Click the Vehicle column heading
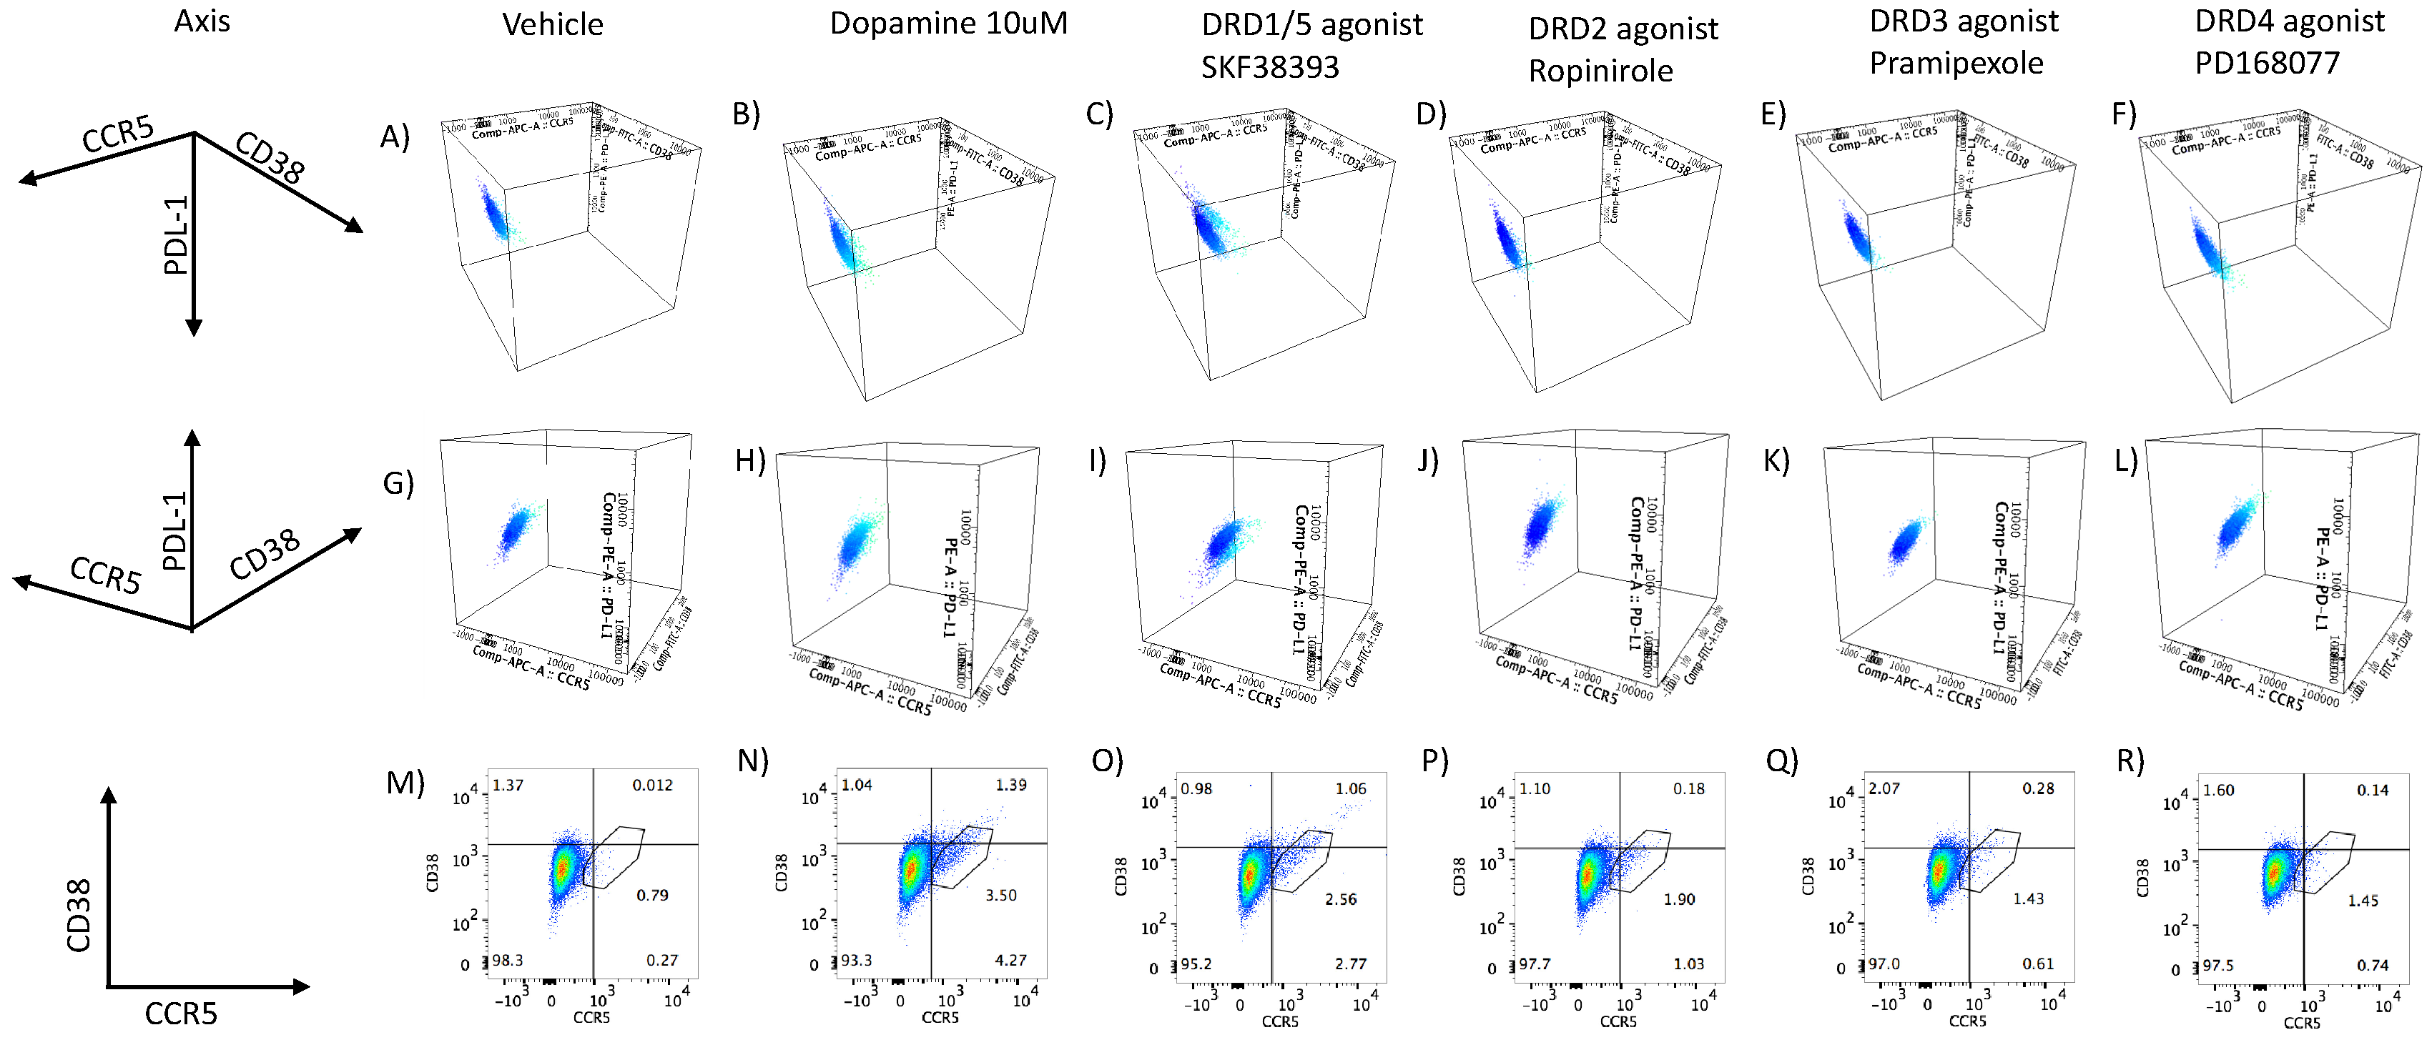552,24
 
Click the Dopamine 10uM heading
948,23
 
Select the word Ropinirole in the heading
1600,71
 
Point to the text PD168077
2267,63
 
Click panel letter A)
395,138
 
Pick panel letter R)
2130,761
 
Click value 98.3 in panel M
508,960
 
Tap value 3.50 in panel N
1000,895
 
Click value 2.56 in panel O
1341,899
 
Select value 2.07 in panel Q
1884,788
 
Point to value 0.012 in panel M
652,784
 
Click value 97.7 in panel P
1534,964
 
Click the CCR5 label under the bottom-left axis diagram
180,1014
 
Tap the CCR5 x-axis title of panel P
1618,1021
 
